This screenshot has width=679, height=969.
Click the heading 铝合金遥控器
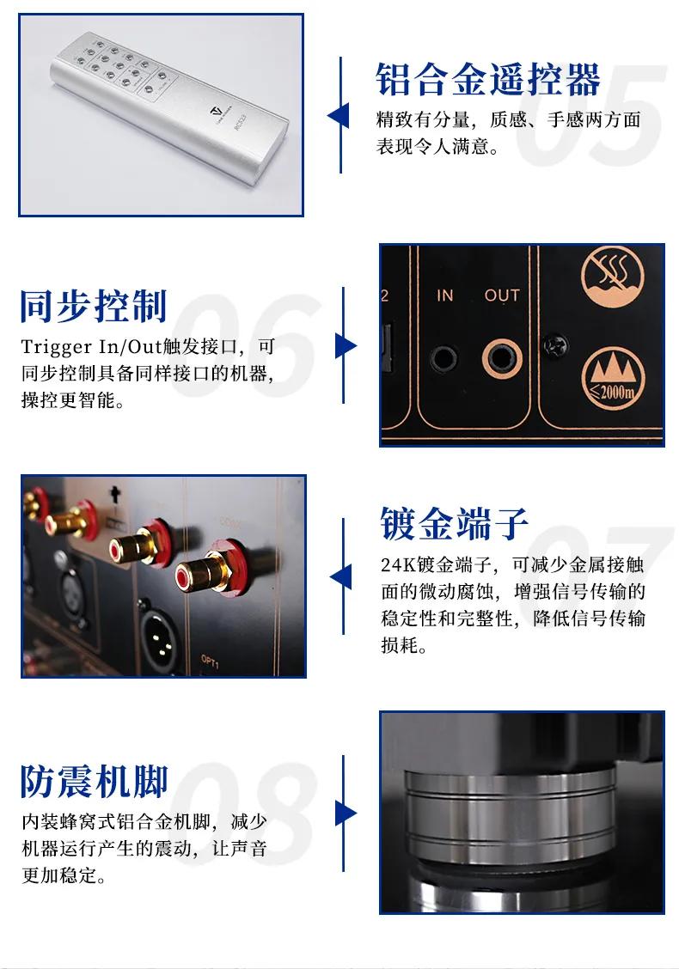488,80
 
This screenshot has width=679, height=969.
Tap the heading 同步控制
94,306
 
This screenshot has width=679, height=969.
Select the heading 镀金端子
455,523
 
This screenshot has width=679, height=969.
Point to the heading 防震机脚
94,781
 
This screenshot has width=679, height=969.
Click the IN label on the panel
444,296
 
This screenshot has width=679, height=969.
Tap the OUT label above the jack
502,296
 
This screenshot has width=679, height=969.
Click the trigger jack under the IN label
443,358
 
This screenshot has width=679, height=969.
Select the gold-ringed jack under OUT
502,358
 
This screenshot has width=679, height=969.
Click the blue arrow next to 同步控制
346,345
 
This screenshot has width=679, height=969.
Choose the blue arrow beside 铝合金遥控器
338,116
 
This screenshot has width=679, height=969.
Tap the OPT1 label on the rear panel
210,661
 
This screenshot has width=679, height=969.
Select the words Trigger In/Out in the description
91,347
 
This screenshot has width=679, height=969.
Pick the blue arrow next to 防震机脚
346,814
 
